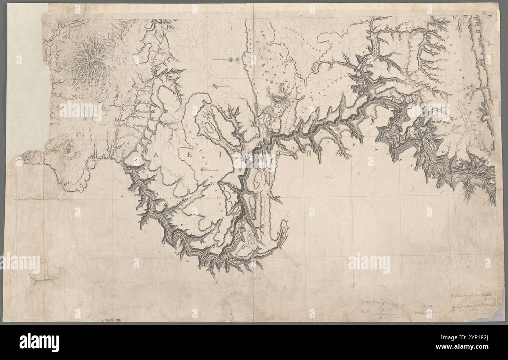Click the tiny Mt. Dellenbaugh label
(211, 170)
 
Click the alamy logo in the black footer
(39, 342)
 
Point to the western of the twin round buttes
(231, 60)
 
